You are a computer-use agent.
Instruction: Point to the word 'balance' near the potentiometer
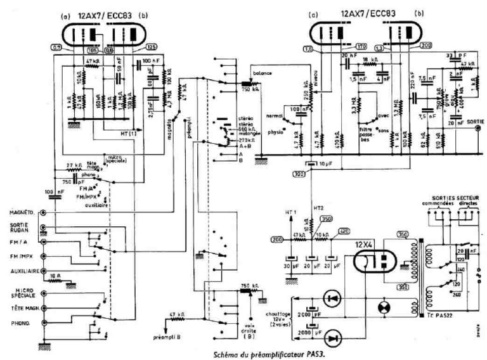pyautogui.click(x=261, y=74)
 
